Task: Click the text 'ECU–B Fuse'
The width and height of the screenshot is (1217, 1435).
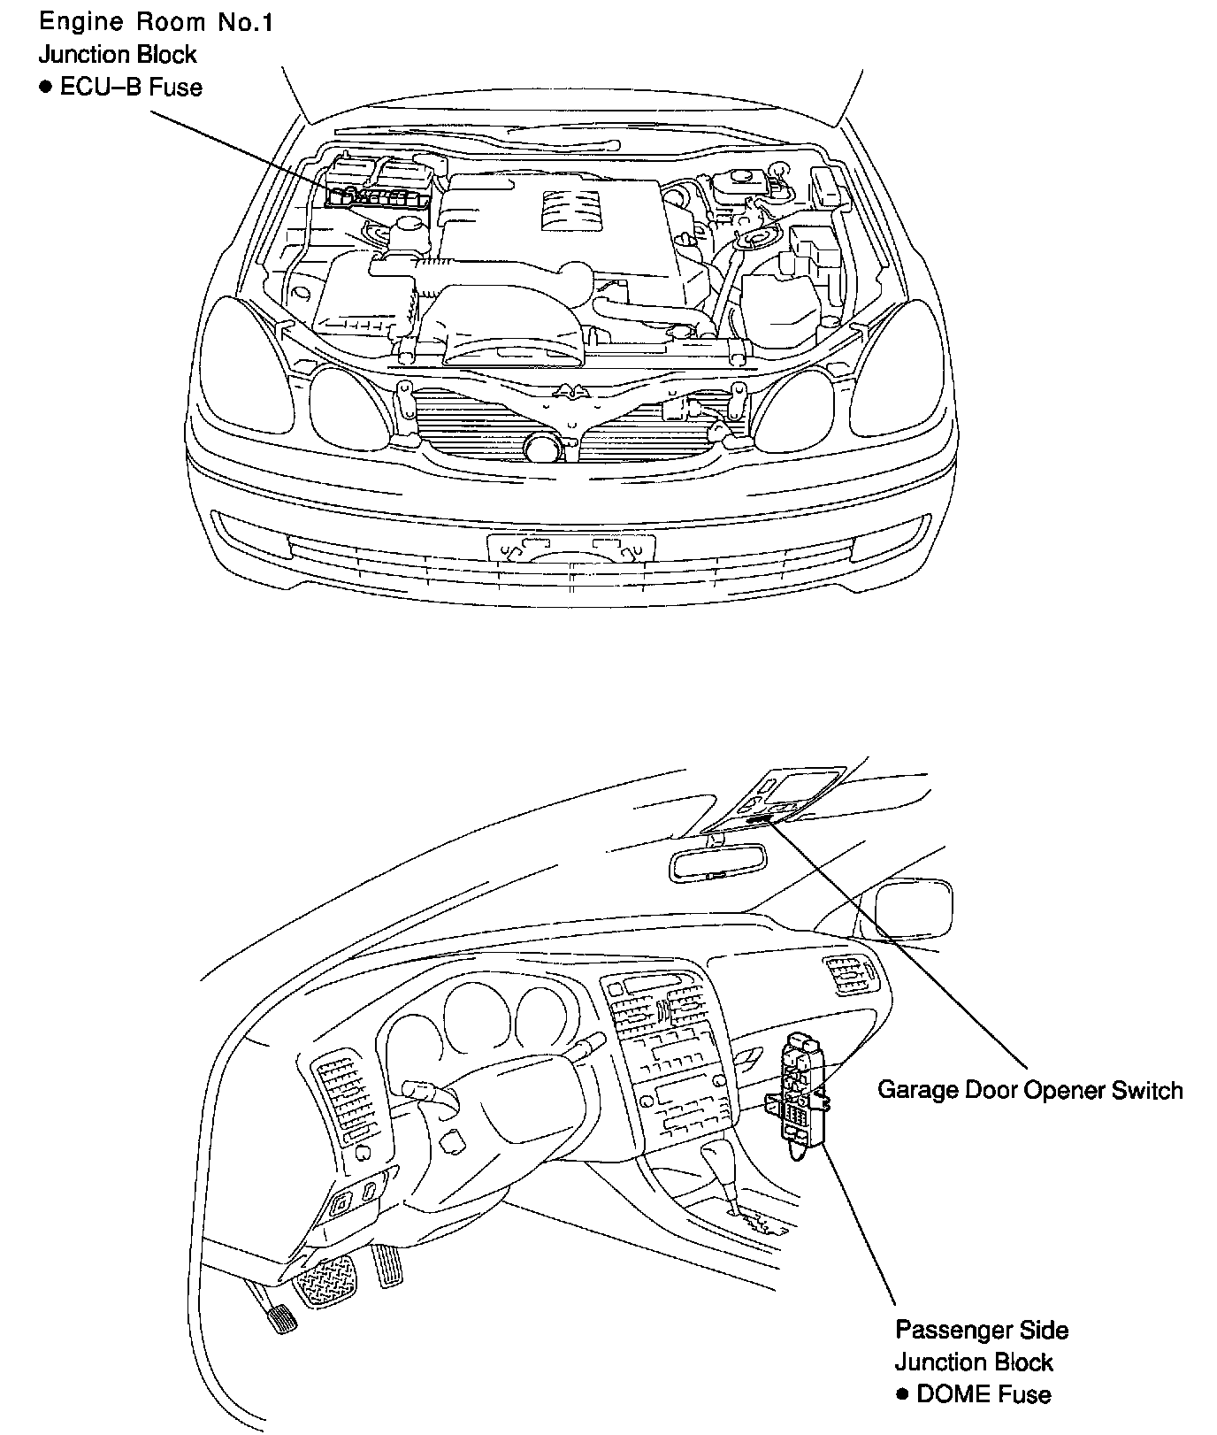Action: tap(131, 87)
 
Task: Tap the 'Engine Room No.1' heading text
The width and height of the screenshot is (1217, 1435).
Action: tap(156, 22)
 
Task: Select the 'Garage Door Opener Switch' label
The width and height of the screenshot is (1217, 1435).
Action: tap(1029, 1090)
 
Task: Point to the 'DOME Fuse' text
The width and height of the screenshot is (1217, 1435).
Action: tap(984, 1395)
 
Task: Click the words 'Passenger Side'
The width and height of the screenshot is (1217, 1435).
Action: tap(982, 1330)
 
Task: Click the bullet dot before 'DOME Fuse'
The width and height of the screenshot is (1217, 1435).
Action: tap(903, 1395)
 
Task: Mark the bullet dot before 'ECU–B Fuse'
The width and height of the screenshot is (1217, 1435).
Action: tap(45, 87)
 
